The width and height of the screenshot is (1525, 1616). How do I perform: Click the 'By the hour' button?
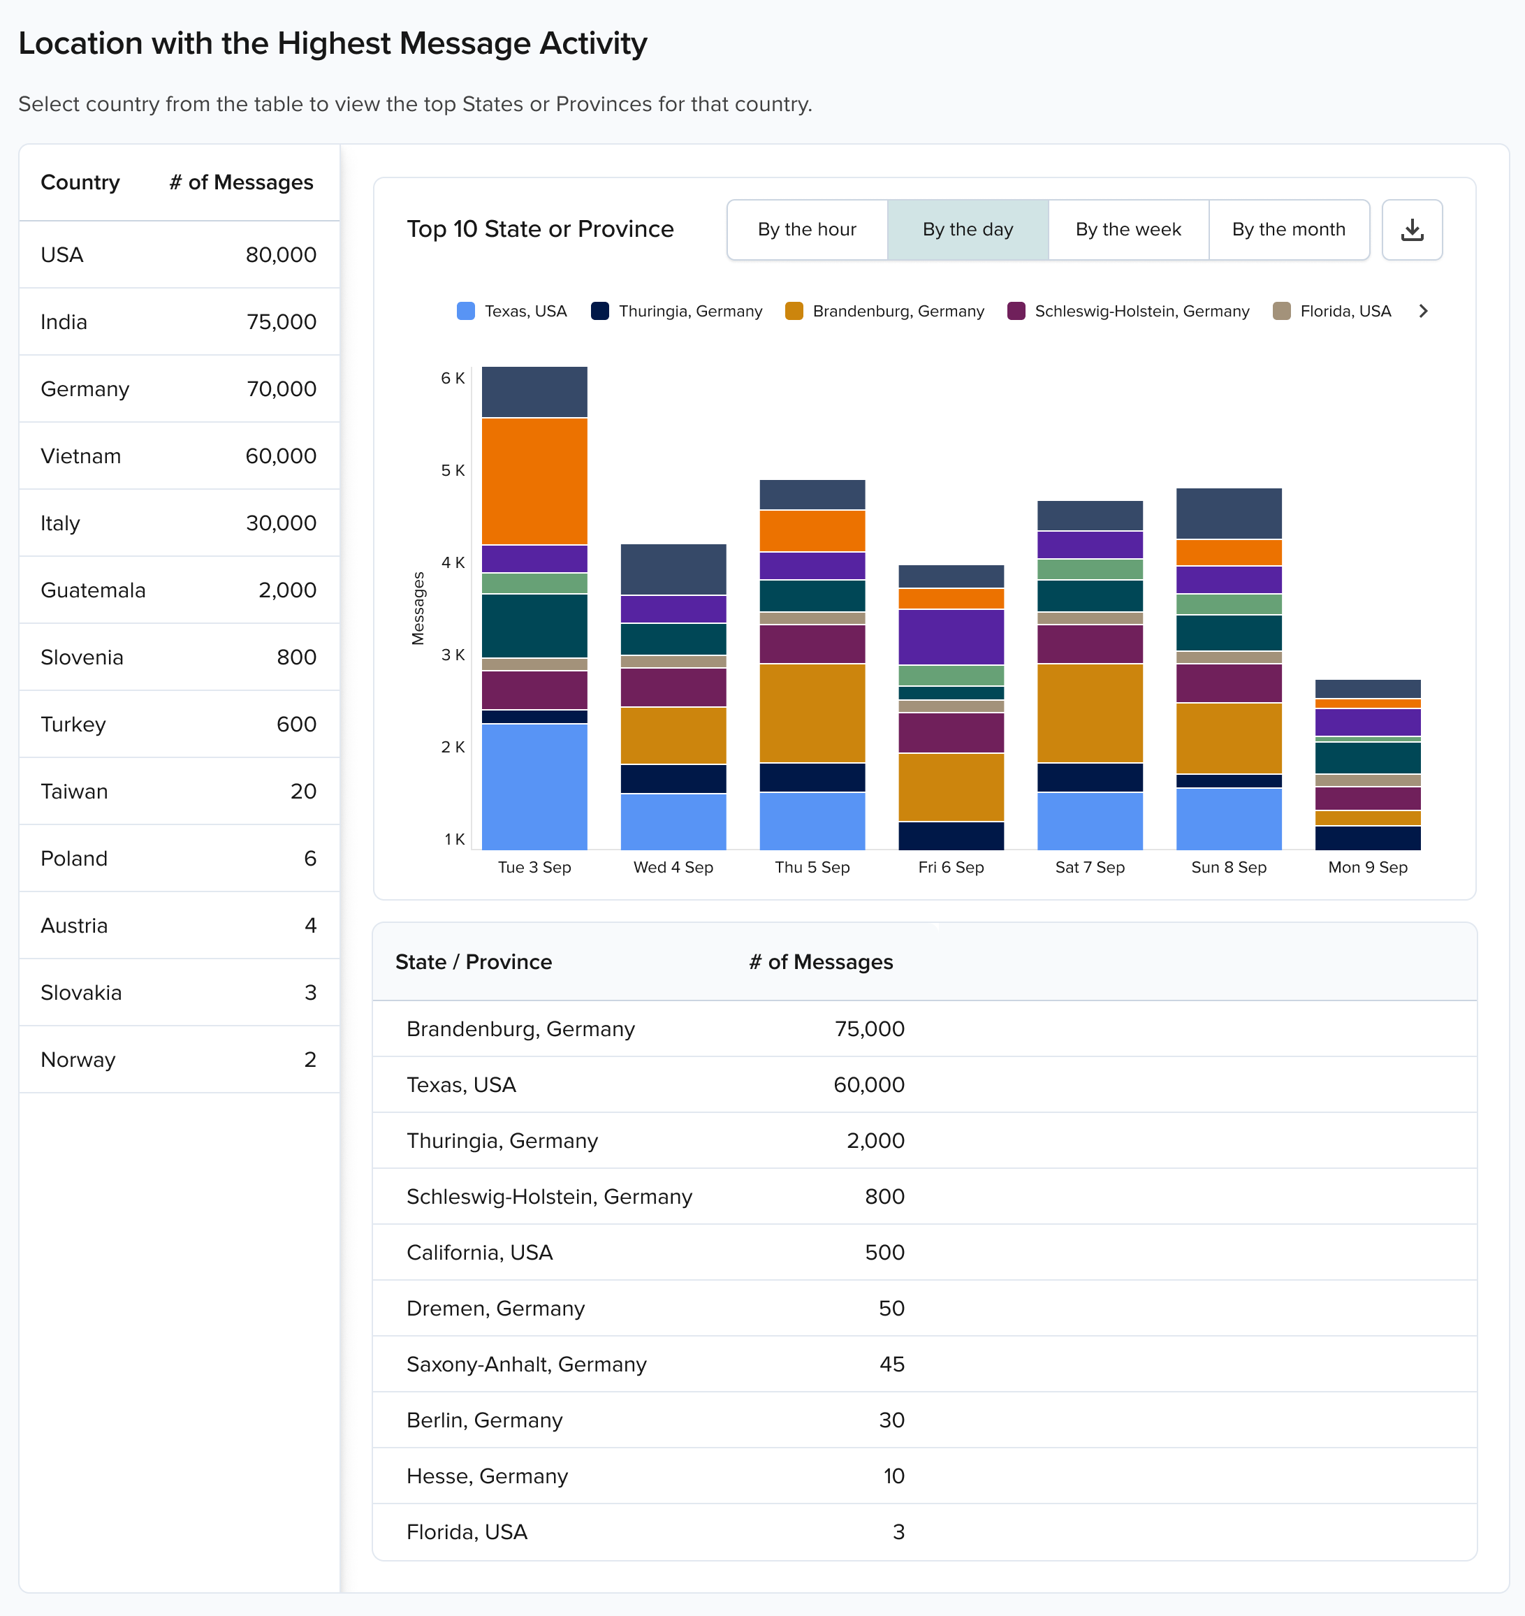806,230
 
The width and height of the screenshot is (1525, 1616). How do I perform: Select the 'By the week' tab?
1128,230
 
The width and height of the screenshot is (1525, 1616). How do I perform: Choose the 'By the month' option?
1287,230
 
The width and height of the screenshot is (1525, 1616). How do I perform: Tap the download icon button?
1411,230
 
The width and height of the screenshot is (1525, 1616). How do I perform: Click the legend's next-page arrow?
1422,312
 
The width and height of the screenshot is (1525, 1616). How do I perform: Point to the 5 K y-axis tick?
453,471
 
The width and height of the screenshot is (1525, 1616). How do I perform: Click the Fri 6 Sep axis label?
950,867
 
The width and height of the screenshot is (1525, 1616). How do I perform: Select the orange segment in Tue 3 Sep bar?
534,481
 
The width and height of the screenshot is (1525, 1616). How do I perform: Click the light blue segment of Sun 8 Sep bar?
1228,819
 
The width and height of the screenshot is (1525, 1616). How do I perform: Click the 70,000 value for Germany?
282,389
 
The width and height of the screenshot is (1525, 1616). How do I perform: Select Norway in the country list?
78,1060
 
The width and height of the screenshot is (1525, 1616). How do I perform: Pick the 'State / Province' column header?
473,963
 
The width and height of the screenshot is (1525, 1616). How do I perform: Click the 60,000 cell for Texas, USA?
868,1085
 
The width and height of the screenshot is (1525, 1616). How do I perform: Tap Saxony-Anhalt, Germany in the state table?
526,1364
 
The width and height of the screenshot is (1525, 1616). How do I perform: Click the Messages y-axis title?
418,609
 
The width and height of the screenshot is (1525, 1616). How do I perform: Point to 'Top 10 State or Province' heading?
540,230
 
